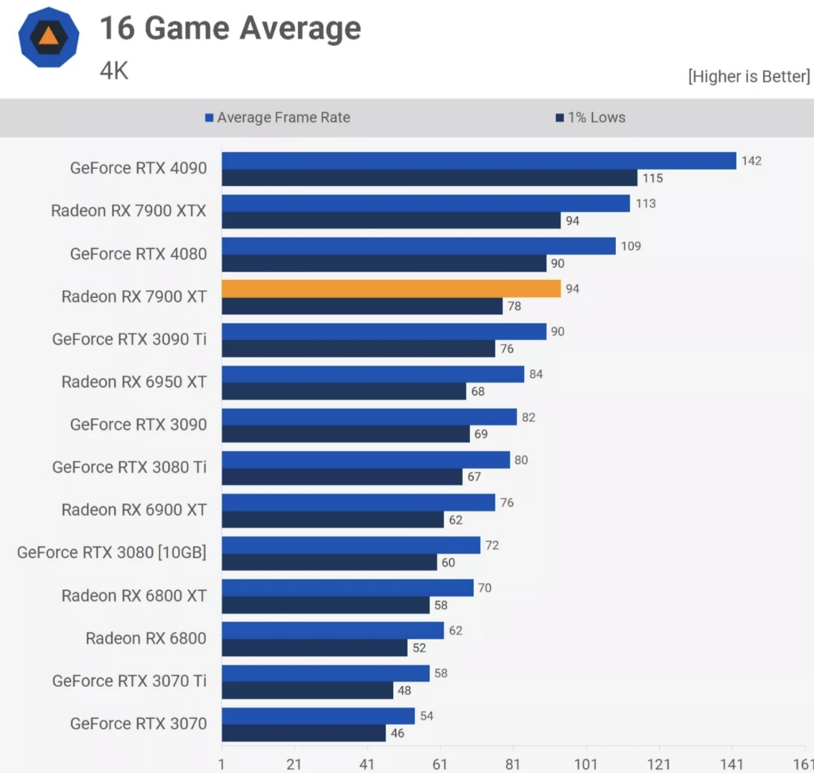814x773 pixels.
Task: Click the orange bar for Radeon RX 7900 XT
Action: pyautogui.click(x=391, y=289)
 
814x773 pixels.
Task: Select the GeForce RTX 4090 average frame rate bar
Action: pyautogui.click(x=479, y=160)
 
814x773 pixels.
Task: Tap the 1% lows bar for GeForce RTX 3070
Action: pyautogui.click(x=304, y=733)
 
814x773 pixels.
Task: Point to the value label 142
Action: pyautogui.click(x=752, y=160)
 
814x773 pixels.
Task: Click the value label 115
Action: pyautogui.click(x=652, y=178)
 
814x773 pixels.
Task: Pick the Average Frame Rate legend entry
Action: pyautogui.click(x=278, y=118)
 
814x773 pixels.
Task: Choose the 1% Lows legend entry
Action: pyautogui.click(x=591, y=118)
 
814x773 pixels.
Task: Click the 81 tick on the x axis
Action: pyautogui.click(x=513, y=764)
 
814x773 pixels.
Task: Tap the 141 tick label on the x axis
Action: pyautogui.click(x=731, y=764)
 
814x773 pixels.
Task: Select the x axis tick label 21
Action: pyautogui.click(x=294, y=764)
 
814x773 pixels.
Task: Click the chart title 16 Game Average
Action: pyautogui.click(x=230, y=29)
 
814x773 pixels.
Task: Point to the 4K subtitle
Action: pyautogui.click(x=113, y=70)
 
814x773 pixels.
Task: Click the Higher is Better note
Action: pyautogui.click(x=749, y=76)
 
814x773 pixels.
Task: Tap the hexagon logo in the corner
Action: pyautogui.click(x=48, y=37)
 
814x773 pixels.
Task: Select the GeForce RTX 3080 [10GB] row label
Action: pyautogui.click(x=112, y=552)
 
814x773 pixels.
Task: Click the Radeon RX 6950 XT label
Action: pyautogui.click(x=134, y=381)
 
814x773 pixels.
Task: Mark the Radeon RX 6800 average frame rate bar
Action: pyautogui.click(x=332, y=631)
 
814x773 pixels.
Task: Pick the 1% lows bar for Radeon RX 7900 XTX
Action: pyautogui.click(x=391, y=221)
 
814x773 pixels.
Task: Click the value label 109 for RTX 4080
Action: pyautogui.click(x=631, y=246)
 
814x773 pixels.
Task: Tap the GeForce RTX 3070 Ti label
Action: pyautogui.click(x=129, y=680)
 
